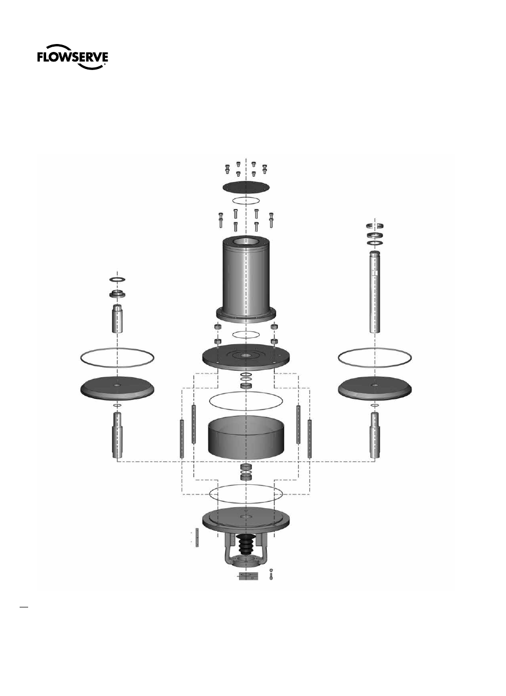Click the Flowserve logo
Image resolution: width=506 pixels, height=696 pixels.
[73, 57]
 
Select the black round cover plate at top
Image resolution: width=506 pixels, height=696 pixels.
[246, 187]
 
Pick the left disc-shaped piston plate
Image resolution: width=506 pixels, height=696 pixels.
[117, 388]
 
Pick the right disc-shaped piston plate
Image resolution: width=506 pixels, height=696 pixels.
[374, 388]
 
